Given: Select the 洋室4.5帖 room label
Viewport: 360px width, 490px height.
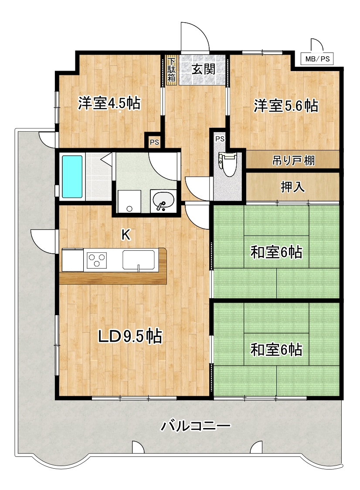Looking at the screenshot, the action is (x=109, y=103).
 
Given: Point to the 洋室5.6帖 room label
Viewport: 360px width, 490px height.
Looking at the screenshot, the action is (x=285, y=105).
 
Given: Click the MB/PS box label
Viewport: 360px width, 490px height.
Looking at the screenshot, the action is (x=317, y=59).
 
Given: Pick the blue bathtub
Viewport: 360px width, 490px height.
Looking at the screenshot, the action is (x=72, y=177).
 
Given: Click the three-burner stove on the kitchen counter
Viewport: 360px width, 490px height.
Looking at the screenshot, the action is (x=97, y=260).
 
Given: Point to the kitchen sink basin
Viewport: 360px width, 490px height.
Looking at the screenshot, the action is (x=139, y=260).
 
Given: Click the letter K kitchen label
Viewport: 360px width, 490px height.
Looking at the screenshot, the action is (x=126, y=235).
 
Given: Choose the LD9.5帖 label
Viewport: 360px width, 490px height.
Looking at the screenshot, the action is (x=130, y=337).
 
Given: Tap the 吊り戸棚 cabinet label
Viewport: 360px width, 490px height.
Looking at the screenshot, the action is (x=293, y=160).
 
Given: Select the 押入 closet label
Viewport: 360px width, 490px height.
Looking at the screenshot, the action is (x=292, y=187).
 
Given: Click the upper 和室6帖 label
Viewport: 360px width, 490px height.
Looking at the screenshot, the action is (x=276, y=252).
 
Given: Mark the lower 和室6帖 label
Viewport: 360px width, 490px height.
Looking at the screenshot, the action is (x=276, y=350).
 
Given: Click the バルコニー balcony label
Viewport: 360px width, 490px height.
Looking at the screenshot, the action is (x=196, y=425).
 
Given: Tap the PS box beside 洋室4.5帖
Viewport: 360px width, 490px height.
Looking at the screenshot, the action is (x=154, y=142).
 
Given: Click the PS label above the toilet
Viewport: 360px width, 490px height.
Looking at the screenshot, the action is (x=220, y=139).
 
